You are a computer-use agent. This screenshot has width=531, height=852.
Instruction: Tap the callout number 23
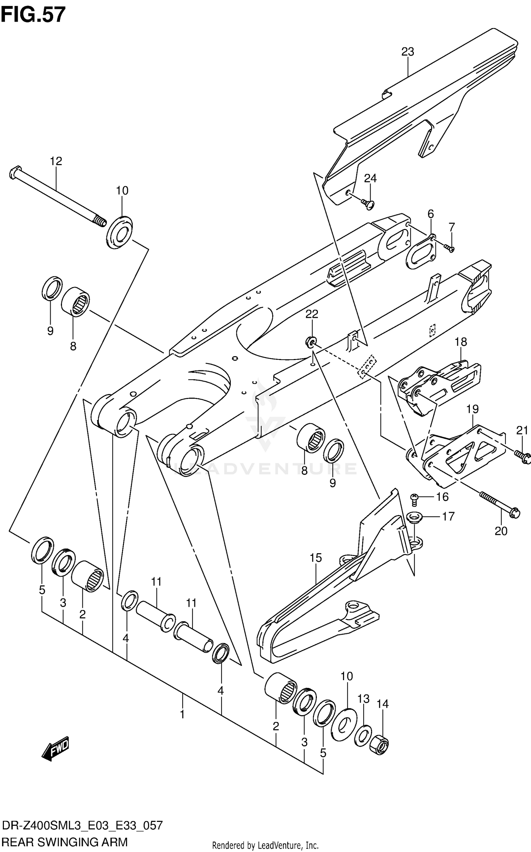pos(407,52)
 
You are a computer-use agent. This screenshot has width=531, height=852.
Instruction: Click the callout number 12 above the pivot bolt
pos(56,161)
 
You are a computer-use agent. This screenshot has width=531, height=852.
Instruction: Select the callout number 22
pos(312,314)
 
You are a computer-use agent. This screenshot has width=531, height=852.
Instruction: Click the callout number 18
pos(461,342)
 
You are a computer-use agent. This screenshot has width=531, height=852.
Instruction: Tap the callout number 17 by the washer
pos(448,516)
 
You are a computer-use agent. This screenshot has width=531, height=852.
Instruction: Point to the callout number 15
pos(316,558)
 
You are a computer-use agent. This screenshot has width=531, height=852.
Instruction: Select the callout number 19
pos(472,409)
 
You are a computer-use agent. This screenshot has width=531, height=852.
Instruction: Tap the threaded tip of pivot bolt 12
pos(101,222)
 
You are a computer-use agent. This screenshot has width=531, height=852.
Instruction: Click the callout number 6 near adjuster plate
pos(430,214)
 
